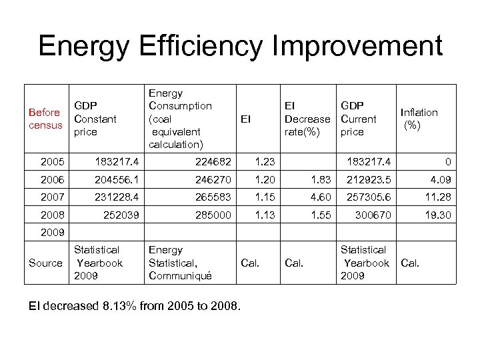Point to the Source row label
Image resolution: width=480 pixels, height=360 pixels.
pyautogui.click(x=46, y=263)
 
